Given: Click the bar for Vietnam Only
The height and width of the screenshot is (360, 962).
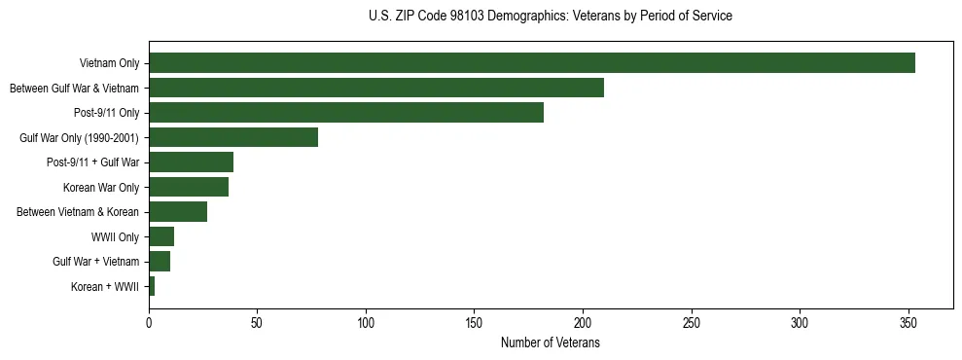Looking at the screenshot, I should click(531, 63).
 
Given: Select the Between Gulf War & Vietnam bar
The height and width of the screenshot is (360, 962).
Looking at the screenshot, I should click(375, 88).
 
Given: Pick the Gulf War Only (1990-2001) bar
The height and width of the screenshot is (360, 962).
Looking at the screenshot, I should click(233, 137).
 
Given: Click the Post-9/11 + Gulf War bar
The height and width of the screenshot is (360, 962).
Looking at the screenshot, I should click(191, 162).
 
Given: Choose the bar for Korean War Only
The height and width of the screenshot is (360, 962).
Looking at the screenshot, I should click(189, 187).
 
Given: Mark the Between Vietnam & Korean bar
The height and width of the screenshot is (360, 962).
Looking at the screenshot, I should click(178, 212).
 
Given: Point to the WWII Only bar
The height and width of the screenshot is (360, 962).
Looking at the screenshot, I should click(161, 236).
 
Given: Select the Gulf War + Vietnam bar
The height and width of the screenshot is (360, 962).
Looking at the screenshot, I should click(160, 262).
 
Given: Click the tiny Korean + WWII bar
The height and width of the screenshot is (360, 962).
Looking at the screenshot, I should click(152, 286).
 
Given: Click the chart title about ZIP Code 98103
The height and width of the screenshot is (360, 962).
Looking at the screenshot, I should click(551, 16).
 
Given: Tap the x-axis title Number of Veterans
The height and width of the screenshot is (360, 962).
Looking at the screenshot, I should click(550, 343).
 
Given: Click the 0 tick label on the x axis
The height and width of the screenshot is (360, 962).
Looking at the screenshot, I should click(149, 322).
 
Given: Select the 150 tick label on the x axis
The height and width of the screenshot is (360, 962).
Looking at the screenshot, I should click(474, 322).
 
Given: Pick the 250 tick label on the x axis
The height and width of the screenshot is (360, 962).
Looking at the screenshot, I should click(691, 322).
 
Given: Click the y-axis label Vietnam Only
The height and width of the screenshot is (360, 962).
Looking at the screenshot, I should click(109, 64).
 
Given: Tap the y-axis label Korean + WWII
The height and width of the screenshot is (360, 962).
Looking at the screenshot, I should click(105, 287).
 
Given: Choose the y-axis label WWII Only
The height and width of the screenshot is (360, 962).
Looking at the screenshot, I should click(115, 237).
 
